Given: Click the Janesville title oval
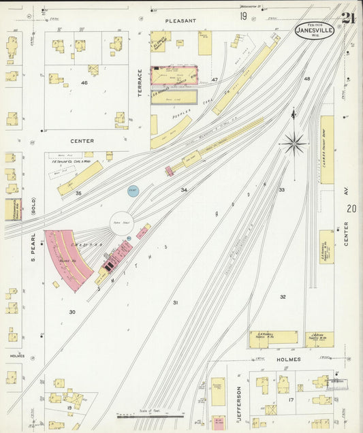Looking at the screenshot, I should pyautogui.click(x=315, y=30).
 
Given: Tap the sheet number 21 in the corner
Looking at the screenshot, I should pyautogui.click(x=348, y=17).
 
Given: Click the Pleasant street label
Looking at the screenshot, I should pyautogui.click(x=180, y=21).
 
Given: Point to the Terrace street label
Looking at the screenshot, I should pyautogui.click(x=140, y=82).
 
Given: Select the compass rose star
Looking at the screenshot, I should pyautogui.click(x=294, y=143).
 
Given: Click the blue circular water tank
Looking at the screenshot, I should pyautogui.click(x=133, y=191).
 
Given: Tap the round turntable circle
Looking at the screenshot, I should pyautogui.click(x=122, y=223).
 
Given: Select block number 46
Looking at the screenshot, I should pyautogui.click(x=84, y=82).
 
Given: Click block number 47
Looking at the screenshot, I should pyautogui.click(x=214, y=80).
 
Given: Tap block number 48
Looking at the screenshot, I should pyautogui.click(x=306, y=79).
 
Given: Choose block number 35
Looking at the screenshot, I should pyautogui.click(x=78, y=194).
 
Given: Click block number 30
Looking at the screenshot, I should pyautogui.click(x=72, y=312).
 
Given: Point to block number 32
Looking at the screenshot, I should pyautogui.click(x=283, y=297).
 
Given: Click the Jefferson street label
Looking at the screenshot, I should pyautogui.click(x=239, y=400).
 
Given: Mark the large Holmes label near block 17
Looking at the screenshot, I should pyautogui.click(x=287, y=359).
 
